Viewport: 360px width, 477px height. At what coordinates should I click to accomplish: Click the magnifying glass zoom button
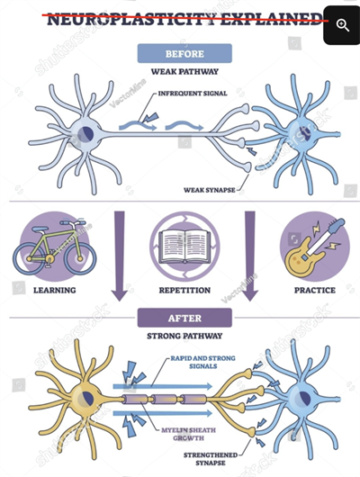point(342,25)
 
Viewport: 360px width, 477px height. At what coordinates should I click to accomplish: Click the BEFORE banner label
point(184,53)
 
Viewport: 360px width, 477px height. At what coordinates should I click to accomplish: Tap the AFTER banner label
point(184,318)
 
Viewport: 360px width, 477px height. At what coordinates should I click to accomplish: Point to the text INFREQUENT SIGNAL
point(193,94)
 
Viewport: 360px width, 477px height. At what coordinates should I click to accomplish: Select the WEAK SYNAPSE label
point(210,190)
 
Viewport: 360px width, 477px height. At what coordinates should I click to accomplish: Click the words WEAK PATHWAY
point(184,72)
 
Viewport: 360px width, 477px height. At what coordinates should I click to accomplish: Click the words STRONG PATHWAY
point(184,336)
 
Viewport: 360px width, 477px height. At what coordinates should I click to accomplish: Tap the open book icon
point(184,247)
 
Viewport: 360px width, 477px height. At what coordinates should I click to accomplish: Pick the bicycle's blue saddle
point(40,229)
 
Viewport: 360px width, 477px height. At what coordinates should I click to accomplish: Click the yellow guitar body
point(301,259)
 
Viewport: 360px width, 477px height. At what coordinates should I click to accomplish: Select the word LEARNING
point(55,290)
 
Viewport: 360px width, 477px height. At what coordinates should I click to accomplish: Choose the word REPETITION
point(184,290)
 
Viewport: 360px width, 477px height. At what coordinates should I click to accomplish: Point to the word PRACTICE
point(315,290)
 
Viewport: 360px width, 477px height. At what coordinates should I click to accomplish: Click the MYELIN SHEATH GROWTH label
point(188,434)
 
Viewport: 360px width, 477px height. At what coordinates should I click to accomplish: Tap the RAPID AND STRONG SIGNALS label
point(203,362)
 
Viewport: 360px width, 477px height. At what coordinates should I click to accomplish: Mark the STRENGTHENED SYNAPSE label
point(211,459)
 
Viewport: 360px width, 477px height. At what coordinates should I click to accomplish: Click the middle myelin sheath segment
point(165,399)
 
